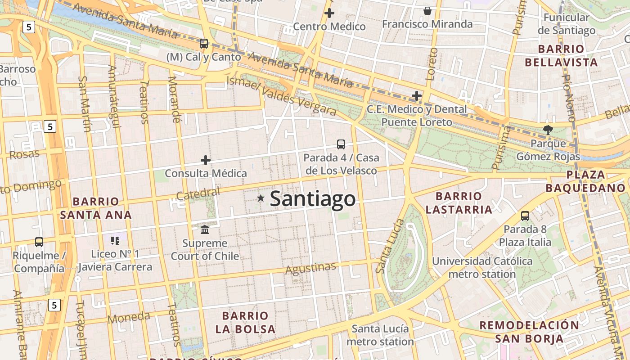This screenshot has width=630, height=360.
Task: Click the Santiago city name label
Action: (x=313, y=199)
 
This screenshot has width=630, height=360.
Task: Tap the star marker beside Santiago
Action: (x=261, y=198)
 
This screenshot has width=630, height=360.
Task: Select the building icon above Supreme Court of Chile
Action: (x=205, y=230)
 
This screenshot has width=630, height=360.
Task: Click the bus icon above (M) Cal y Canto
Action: (x=204, y=44)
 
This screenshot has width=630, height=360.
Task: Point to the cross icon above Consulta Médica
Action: (x=206, y=160)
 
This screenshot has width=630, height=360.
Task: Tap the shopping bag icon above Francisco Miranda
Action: (x=427, y=10)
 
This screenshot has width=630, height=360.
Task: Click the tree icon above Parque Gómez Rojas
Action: (x=548, y=130)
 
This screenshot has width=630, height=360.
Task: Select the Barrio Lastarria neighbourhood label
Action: (x=459, y=203)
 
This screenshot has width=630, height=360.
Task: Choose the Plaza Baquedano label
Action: (x=585, y=181)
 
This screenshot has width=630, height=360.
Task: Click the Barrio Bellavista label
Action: (x=561, y=55)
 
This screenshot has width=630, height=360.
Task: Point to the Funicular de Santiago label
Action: (x=567, y=24)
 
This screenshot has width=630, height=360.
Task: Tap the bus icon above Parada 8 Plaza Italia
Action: (x=525, y=216)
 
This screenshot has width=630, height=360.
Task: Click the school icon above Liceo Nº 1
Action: (x=115, y=241)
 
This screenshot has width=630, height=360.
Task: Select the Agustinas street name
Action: (x=311, y=268)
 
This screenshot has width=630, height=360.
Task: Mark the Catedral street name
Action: (x=198, y=194)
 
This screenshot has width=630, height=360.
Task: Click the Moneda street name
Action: (x=129, y=318)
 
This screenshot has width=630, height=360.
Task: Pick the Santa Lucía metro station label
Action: (x=380, y=335)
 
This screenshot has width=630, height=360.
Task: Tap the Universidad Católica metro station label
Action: (x=482, y=267)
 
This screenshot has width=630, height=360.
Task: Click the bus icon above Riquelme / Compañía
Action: (x=39, y=242)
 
